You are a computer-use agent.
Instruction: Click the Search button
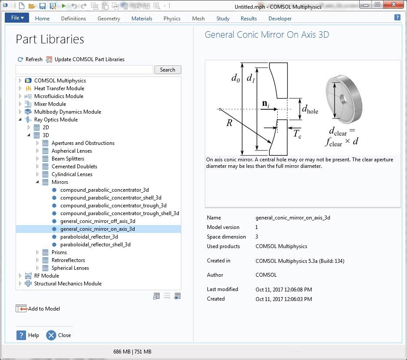coord(167,70)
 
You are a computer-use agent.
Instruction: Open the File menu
coord(17,18)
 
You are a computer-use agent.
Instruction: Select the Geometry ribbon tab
coord(109,18)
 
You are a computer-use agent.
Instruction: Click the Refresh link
coord(30,59)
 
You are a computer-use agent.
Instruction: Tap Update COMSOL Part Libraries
coord(85,59)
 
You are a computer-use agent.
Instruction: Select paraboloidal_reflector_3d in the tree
coord(89,237)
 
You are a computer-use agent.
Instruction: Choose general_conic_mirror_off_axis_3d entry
coord(98,221)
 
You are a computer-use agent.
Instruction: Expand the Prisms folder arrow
coord(37,252)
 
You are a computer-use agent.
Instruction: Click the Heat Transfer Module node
coord(59,88)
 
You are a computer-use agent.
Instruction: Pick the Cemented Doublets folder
coord(74,167)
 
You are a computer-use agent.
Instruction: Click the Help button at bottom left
coord(28,335)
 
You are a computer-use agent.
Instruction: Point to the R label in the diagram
coord(229,123)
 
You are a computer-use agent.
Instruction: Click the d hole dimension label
coord(310,109)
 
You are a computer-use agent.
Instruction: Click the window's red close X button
coord(394,4)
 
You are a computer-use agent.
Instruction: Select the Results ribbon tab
coord(249,18)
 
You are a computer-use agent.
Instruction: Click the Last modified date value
coord(284,290)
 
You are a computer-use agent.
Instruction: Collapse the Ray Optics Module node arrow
coord(20,120)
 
